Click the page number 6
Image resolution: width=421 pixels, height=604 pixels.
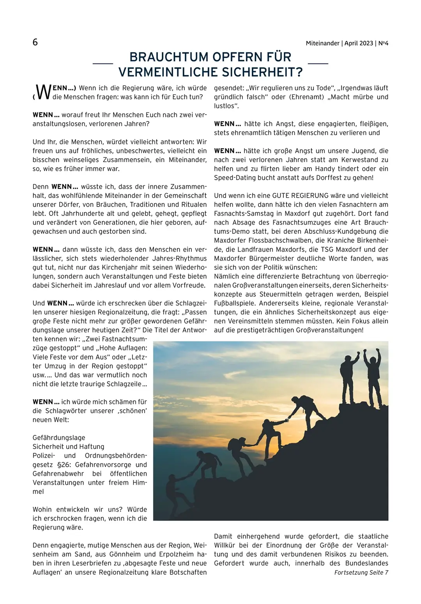[35, 42]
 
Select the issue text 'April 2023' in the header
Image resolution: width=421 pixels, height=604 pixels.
[359, 43]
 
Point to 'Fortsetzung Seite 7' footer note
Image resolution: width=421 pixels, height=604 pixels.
[361, 572]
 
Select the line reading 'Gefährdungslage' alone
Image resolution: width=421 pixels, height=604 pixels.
[59, 438]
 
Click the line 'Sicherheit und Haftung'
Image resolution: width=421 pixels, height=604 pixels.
[68, 447]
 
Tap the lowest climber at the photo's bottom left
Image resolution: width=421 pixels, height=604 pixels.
[174, 493]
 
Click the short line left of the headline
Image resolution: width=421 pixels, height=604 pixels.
[103, 63]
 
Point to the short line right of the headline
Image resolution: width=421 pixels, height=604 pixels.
[318, 63]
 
